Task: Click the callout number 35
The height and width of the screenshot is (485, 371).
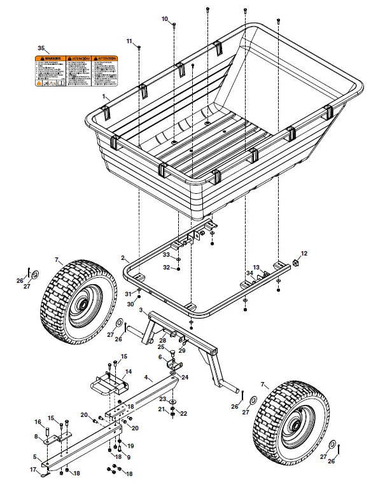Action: [x=41, y=48]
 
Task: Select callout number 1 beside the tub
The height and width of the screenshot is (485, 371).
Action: [x=104, y=95]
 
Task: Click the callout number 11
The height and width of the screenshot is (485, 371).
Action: [x=129, y=41]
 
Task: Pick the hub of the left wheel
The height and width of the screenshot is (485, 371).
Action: [x=82, y=304]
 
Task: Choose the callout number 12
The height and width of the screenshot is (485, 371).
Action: [x=304, y=254]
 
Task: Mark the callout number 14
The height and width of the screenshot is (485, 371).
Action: [x=128, y=372]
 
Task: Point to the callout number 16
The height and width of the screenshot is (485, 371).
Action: [x=38, y=421]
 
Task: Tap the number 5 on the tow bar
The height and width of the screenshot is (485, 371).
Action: [x=36, y=456]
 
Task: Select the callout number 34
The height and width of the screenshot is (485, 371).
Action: [x=250, y=273]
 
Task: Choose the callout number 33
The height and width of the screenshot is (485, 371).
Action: [x=166, y=255]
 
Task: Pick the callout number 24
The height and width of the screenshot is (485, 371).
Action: [x=185, y=377]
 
